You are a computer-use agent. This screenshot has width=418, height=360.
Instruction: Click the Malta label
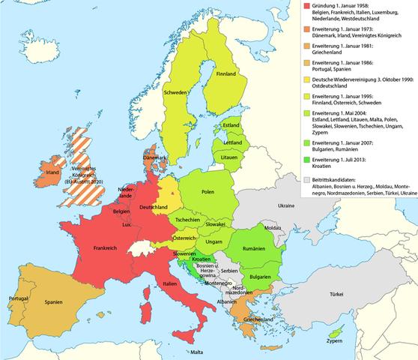click(x=196, y=352)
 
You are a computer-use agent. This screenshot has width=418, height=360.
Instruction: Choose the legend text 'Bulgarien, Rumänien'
click(x=336, y=148)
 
